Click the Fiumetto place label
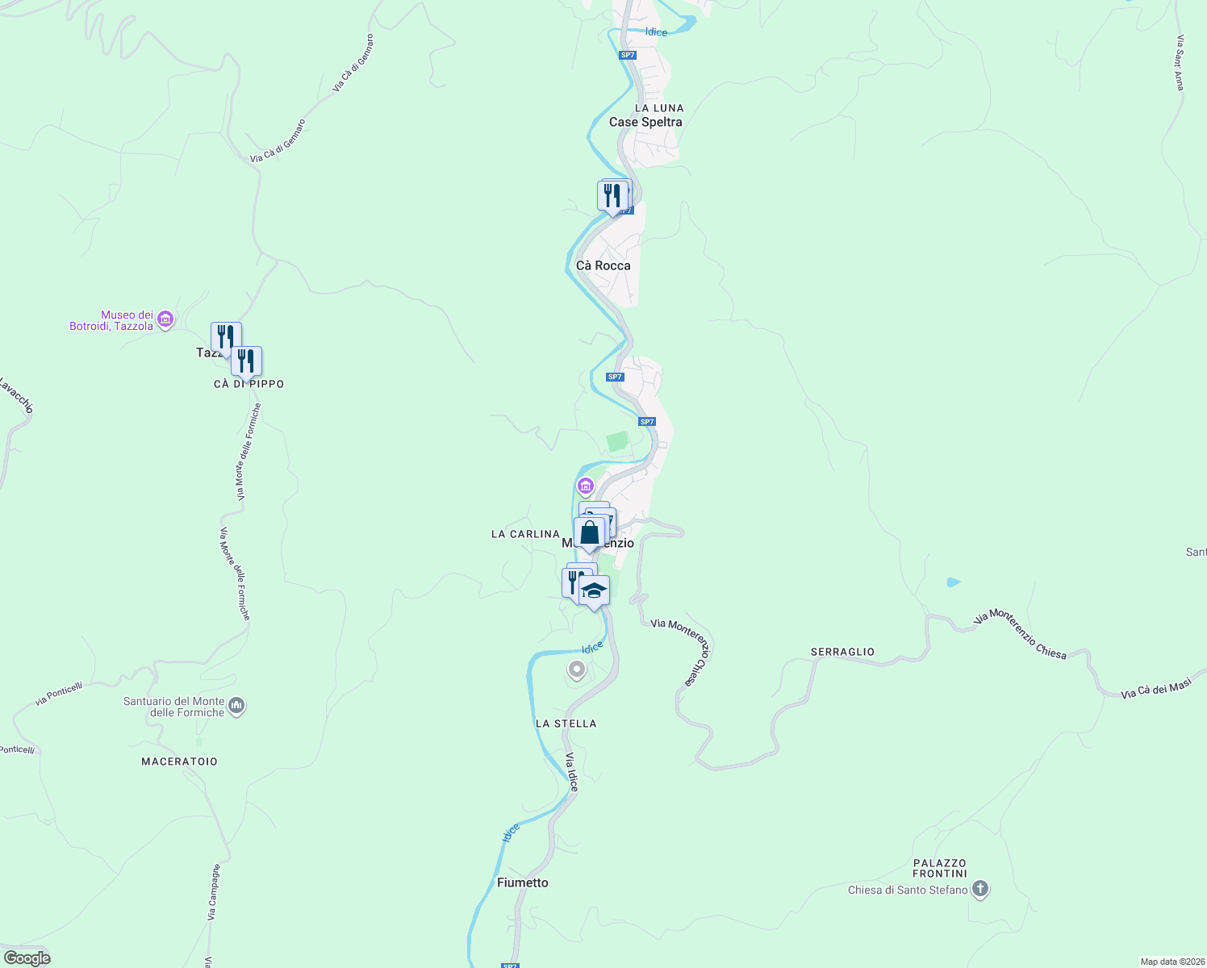pos(522,882)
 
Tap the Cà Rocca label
pos(603,265)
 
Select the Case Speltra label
pos(645,122)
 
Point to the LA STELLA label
pos(566,724)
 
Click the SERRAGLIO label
pos(842,652)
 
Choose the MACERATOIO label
pos(179,761)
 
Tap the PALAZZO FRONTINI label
pos(940,868)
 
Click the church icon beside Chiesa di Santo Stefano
pos(980,890)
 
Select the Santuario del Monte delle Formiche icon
pos(236,707)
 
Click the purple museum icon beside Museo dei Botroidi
pos(165,320)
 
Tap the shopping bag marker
pos(590,533)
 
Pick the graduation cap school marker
pos(595,590)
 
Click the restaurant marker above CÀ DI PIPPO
pos(246,361)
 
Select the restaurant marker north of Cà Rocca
pos(612,195)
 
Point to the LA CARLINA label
pos(525,534)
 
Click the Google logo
pos(27,958)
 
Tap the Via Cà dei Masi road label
pos(1156,689)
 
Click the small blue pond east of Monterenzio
pos(954,582)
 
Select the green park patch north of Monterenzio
pos(617,442)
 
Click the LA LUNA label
pos(659,108)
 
